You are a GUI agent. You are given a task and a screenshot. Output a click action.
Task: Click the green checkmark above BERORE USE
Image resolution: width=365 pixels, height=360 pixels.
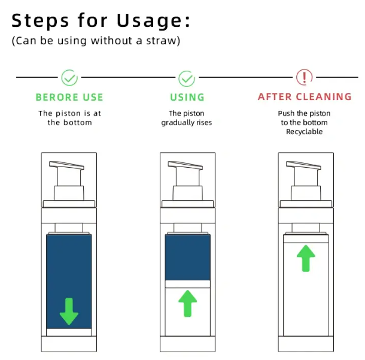tap(69, 77)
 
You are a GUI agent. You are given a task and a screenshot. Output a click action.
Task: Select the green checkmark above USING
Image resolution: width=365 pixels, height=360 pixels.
tap(187, 77)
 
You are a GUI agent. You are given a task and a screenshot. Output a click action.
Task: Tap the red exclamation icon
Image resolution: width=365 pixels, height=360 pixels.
tap(305, 77)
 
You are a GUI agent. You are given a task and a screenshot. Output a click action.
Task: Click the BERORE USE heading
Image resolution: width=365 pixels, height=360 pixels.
tap(69, 97)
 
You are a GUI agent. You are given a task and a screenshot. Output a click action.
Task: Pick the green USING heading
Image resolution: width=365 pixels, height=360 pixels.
tap(187, 97)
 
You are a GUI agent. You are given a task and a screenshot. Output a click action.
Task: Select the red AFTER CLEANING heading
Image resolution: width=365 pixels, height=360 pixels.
tap(305, 97)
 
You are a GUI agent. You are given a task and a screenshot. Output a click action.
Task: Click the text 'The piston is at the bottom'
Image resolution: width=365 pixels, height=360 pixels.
tap(69, 117)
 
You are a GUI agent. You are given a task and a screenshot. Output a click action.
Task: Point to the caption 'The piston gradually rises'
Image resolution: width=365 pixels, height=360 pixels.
tap(187, 117)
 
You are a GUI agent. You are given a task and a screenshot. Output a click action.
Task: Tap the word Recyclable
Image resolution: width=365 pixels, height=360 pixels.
tap(305, 132)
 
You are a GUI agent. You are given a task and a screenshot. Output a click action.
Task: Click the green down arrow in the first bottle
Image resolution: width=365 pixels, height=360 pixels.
tap(69, 310)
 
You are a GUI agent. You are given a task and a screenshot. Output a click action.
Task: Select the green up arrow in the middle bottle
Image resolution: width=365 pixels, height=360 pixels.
tap(187, 302)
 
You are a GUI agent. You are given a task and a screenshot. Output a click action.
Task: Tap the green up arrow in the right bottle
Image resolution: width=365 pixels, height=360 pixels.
tap(306, 258)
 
